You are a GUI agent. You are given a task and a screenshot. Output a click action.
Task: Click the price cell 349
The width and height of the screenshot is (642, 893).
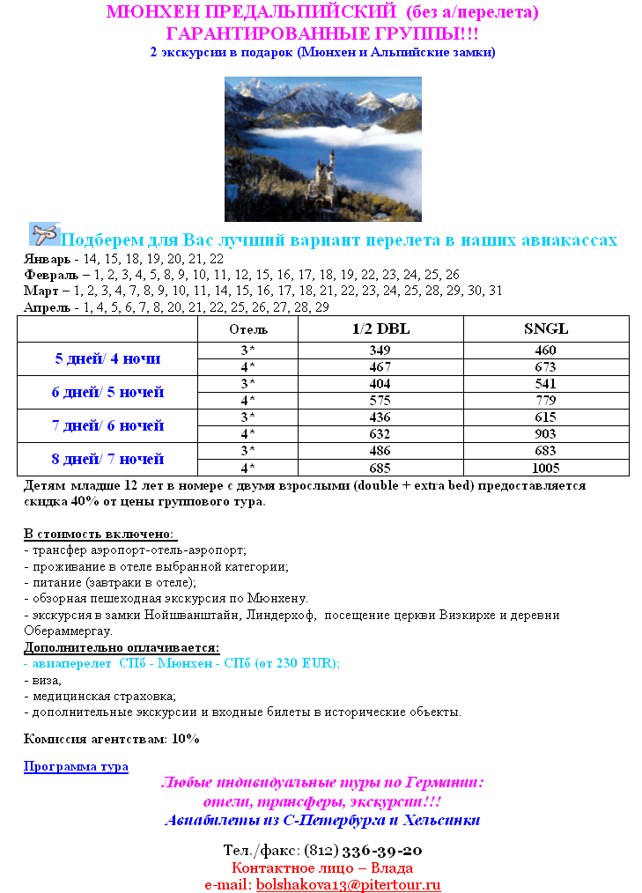click(380, 350)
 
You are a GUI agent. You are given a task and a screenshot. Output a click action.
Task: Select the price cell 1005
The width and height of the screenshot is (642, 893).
click(546, 468)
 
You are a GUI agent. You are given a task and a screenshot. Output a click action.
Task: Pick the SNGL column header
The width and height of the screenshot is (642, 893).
click(546, 328)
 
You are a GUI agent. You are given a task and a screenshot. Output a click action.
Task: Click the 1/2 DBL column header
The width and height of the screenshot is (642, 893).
click(380, 328)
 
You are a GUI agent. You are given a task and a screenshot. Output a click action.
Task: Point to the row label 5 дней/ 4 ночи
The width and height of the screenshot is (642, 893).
click(107, 358)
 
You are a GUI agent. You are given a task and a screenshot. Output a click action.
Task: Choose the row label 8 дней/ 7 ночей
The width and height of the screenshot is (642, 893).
click(107, 459)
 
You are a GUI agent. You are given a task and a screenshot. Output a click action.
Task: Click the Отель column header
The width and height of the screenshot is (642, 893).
click(248, 329)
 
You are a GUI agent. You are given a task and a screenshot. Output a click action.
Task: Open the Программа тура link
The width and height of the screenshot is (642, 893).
click(76, 766)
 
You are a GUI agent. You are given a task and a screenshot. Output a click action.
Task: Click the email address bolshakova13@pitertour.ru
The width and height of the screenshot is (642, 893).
click(348, 884)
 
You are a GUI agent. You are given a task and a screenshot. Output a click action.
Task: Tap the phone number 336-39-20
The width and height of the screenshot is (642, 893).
click(380, 851)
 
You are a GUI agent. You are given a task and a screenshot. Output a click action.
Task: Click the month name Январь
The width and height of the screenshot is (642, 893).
click(47, 260)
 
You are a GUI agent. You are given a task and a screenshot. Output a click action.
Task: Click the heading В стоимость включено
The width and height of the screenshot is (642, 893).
click(100, 535)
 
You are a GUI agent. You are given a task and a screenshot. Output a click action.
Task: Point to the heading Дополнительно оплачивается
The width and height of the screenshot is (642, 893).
click(121, 648)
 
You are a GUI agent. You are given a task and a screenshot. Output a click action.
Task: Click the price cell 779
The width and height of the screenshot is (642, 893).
click(546, 401)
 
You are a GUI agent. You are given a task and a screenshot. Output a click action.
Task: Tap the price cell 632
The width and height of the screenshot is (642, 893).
click(380, 434)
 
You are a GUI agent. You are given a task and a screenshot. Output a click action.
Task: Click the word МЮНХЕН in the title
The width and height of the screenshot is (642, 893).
click(148, 12)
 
